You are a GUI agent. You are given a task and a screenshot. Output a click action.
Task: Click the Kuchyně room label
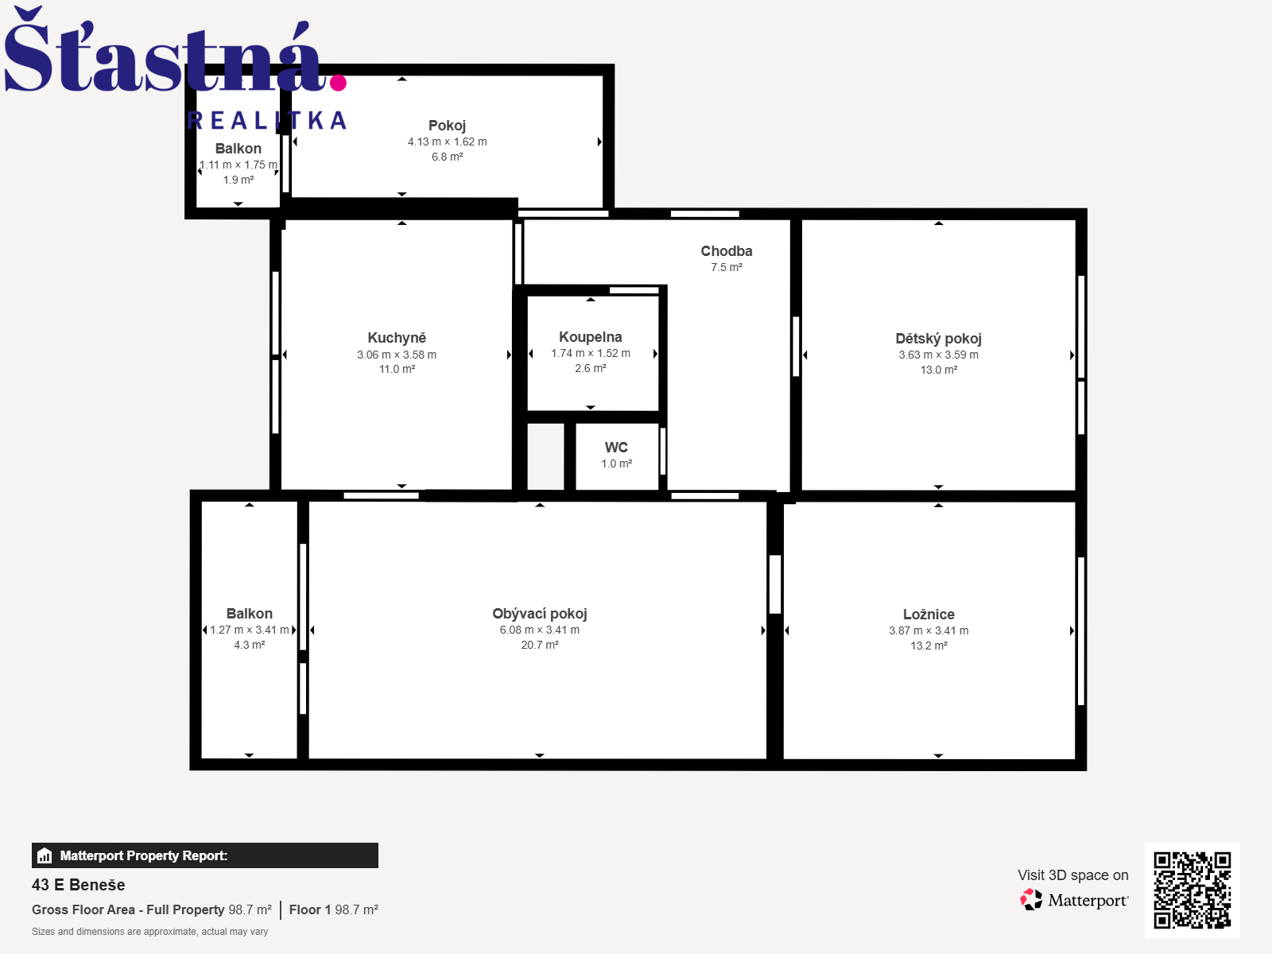397,338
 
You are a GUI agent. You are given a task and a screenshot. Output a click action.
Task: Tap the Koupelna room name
590,336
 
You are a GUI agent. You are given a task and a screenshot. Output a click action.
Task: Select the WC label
616,447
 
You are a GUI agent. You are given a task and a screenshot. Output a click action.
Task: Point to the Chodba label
726,250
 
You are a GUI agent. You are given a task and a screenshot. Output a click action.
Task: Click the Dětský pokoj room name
938,339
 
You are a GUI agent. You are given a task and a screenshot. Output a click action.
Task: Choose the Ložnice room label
929,614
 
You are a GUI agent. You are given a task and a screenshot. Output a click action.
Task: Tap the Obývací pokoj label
540,614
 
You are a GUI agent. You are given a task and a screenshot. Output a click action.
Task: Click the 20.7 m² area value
540,645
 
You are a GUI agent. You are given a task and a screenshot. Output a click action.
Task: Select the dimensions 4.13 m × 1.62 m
447,142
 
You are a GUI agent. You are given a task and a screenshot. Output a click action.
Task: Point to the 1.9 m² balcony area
238,180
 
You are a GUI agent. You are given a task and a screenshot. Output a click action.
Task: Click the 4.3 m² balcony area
249,645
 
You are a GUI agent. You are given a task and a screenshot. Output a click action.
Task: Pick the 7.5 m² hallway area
726,267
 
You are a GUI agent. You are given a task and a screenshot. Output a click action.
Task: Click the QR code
1192,890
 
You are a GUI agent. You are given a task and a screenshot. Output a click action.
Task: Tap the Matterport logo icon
1031,900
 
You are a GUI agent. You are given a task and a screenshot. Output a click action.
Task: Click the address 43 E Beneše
78,885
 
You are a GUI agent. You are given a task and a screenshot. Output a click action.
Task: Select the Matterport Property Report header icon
45,855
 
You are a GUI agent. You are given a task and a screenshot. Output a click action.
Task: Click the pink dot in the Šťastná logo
338,82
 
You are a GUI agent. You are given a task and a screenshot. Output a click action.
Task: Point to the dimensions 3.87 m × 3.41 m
929,630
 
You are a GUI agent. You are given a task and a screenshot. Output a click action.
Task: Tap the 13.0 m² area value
938,370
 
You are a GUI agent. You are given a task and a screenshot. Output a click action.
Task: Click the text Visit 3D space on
1072,874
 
